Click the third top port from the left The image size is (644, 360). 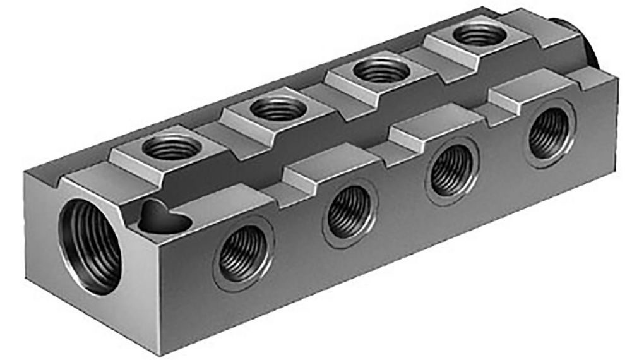click(380, 70)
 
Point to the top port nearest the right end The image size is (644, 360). click(480, 34)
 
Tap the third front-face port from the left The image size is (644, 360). click(452, 172)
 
